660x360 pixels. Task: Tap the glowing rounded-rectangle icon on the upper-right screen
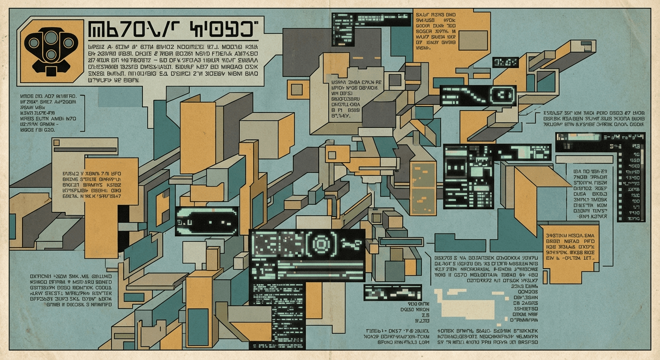(502, 96)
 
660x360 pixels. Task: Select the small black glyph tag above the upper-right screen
(505, 62)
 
